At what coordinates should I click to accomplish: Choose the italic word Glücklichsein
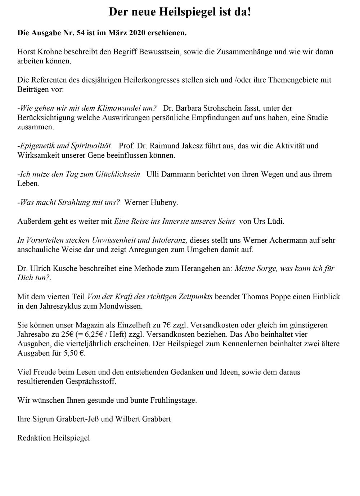pos(118,174)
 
